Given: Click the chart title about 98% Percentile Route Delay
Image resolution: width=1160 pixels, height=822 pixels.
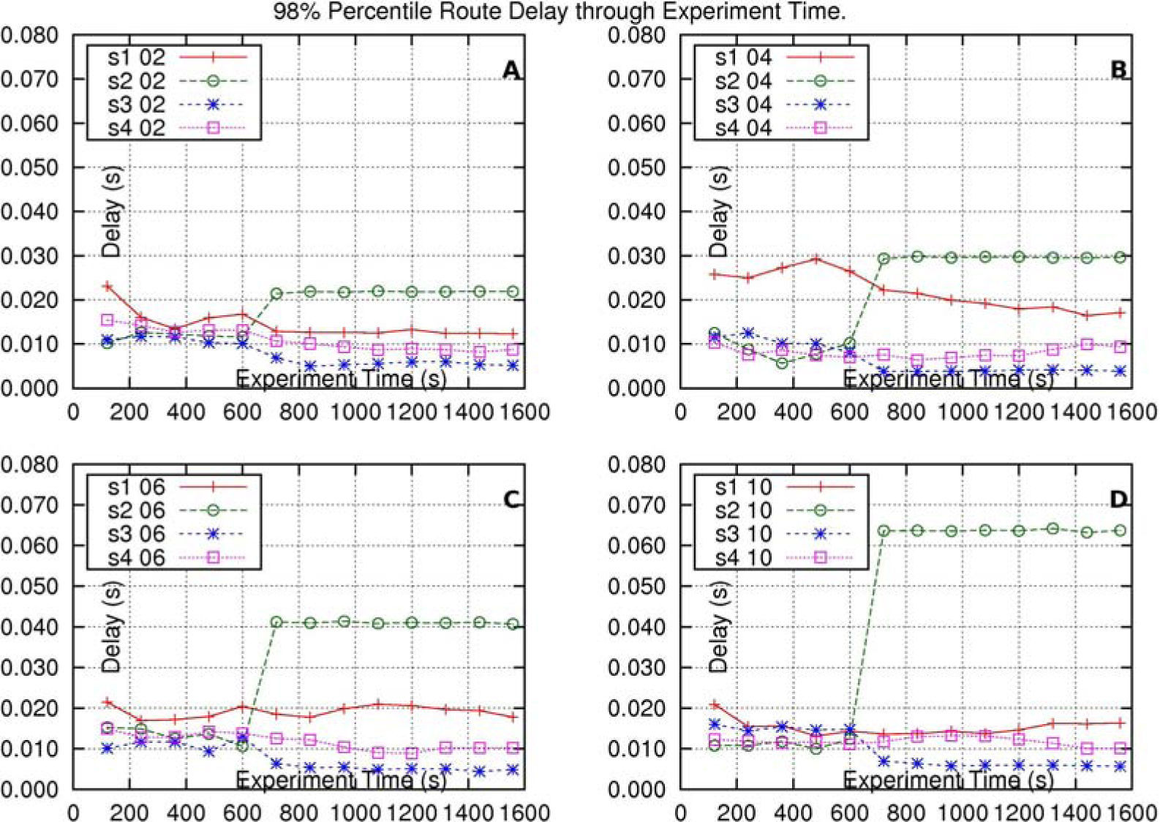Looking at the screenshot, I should [559, 12].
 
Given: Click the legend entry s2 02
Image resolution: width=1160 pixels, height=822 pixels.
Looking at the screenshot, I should [137, 80].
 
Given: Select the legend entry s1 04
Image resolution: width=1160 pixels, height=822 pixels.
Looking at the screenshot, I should [743, 57].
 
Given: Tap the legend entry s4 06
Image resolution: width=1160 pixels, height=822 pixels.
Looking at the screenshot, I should [137, 558].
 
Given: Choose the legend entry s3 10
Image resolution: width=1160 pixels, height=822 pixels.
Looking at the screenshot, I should [743, 534].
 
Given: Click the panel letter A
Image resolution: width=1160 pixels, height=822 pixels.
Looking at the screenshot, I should [511, 70].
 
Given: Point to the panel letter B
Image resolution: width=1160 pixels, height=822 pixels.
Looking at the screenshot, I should [1118, 70].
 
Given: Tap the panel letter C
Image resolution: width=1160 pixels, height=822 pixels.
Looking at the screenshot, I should [511, 499].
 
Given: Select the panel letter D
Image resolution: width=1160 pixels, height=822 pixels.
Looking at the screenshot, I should [1118, 499].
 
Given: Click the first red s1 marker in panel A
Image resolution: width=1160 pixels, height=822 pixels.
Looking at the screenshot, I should [108, 286].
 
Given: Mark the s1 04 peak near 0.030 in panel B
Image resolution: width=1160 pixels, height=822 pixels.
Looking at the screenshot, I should [816, 259].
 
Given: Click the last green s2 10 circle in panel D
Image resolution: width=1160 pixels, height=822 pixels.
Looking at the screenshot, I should [1120, 530].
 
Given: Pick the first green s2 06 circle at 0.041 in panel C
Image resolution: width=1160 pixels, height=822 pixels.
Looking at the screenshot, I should [276, 622].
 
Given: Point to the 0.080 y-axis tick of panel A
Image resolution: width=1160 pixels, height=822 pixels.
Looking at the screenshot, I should [29, 35].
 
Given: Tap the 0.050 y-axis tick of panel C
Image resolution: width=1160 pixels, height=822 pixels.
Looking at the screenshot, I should [29, 587].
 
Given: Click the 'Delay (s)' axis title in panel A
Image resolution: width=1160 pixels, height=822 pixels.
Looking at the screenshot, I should [111, 211].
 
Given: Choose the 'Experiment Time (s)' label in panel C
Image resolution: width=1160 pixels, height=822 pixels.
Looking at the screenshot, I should [341, 780].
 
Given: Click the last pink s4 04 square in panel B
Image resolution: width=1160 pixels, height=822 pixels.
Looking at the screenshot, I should [1120, 347].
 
